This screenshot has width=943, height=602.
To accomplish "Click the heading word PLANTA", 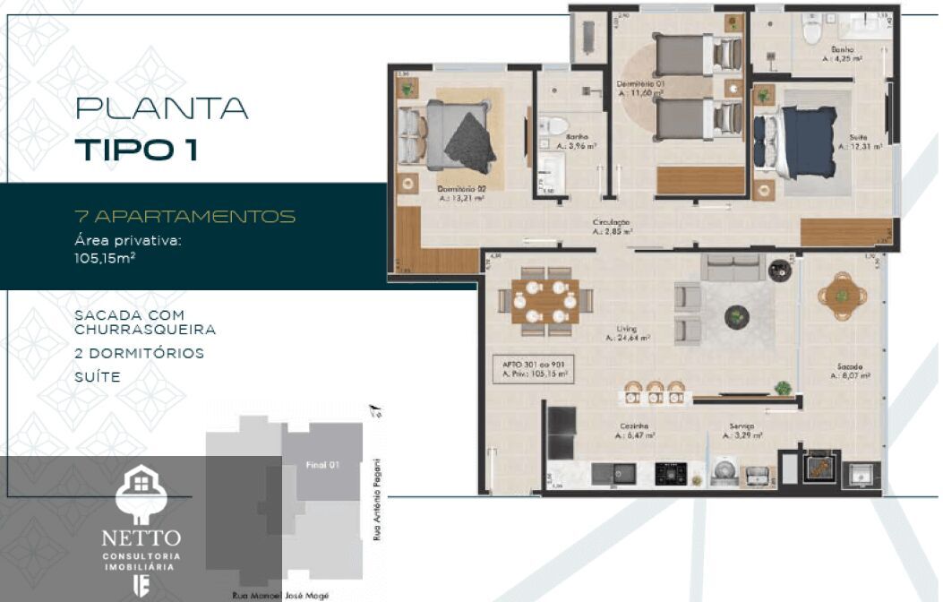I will coord(161,108).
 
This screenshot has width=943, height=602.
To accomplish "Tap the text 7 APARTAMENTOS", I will coord(185,217).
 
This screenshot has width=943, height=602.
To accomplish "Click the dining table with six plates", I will coord(544,301).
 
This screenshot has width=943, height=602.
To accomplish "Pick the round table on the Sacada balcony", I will coord(841,295).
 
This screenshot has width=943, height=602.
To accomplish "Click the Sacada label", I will coord(850,371).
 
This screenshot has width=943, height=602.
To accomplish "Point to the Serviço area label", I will coord(742,430).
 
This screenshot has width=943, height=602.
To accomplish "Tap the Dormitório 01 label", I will coord(639,87).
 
